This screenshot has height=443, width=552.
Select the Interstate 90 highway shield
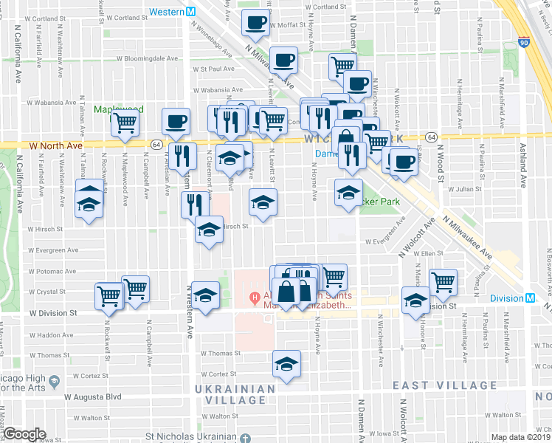(523, 43)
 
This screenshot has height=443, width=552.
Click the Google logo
(25, 434)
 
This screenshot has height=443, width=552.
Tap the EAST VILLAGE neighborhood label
(444, 385)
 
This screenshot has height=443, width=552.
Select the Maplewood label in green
(118, 109)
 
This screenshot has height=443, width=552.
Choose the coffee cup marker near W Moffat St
(255, 25)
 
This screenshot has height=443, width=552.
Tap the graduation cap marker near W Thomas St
(286, 363)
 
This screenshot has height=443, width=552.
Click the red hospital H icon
(255, 299)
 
